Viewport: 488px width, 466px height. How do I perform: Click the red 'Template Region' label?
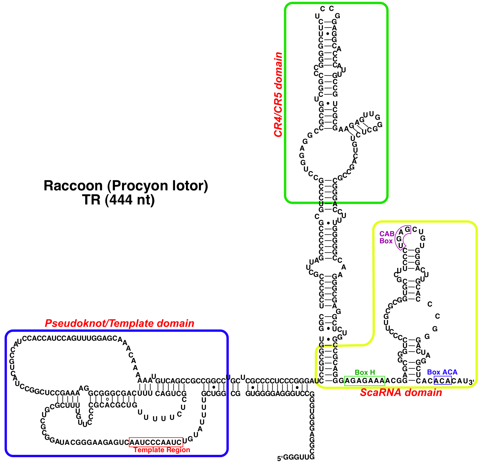point(161,450)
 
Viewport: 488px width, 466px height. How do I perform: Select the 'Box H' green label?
point(365,372)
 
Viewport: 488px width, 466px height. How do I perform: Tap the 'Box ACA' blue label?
point(442,372)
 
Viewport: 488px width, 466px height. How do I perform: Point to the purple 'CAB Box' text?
point(386,237)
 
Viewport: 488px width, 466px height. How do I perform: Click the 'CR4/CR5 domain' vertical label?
point(278,94)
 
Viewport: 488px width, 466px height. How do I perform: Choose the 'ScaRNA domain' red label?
point(401,392)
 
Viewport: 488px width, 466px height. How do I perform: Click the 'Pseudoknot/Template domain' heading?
point(119,323)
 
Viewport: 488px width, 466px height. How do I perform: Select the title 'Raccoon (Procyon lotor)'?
point(126,186)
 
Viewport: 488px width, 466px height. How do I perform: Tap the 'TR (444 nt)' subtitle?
point(118,200)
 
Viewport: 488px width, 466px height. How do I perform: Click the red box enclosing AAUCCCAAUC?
point(156,442)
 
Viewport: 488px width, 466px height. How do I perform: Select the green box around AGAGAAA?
point(365,381)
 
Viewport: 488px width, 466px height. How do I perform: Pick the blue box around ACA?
point(443,381)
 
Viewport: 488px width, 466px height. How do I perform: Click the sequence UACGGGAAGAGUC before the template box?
point(94,442)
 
